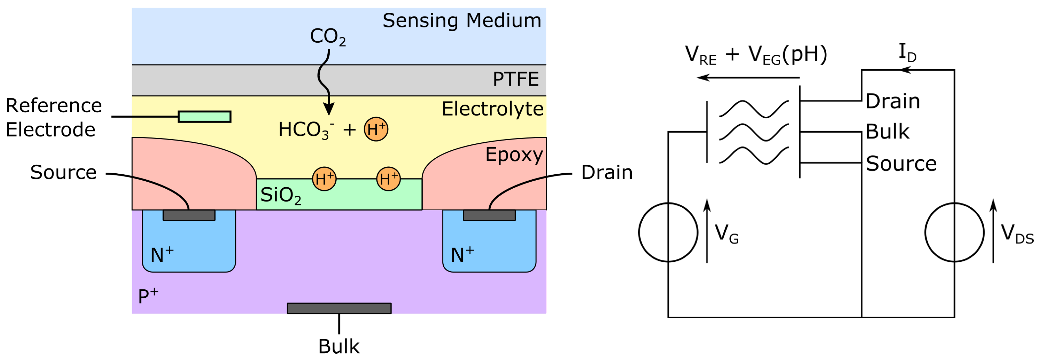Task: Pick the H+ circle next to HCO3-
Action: pyautogui.click(x=376, y=130)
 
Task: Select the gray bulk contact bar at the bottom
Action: pyautogui.click(x=339, y=308)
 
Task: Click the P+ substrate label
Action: pyautogui.click(x=148, y=297)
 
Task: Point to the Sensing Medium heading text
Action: pyautogui.click(x=462, y=21)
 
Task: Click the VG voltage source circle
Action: pyautogui.click(x=668, y=232)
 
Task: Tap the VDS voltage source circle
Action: pyautogui.click(x=954, y=232)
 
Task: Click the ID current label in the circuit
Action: pyautogui.click(x=907, y=53)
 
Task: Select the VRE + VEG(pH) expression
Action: pyautogui.click(x=756, y=55)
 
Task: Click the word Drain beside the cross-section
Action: pyautogui.click(x=606, y=173)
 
